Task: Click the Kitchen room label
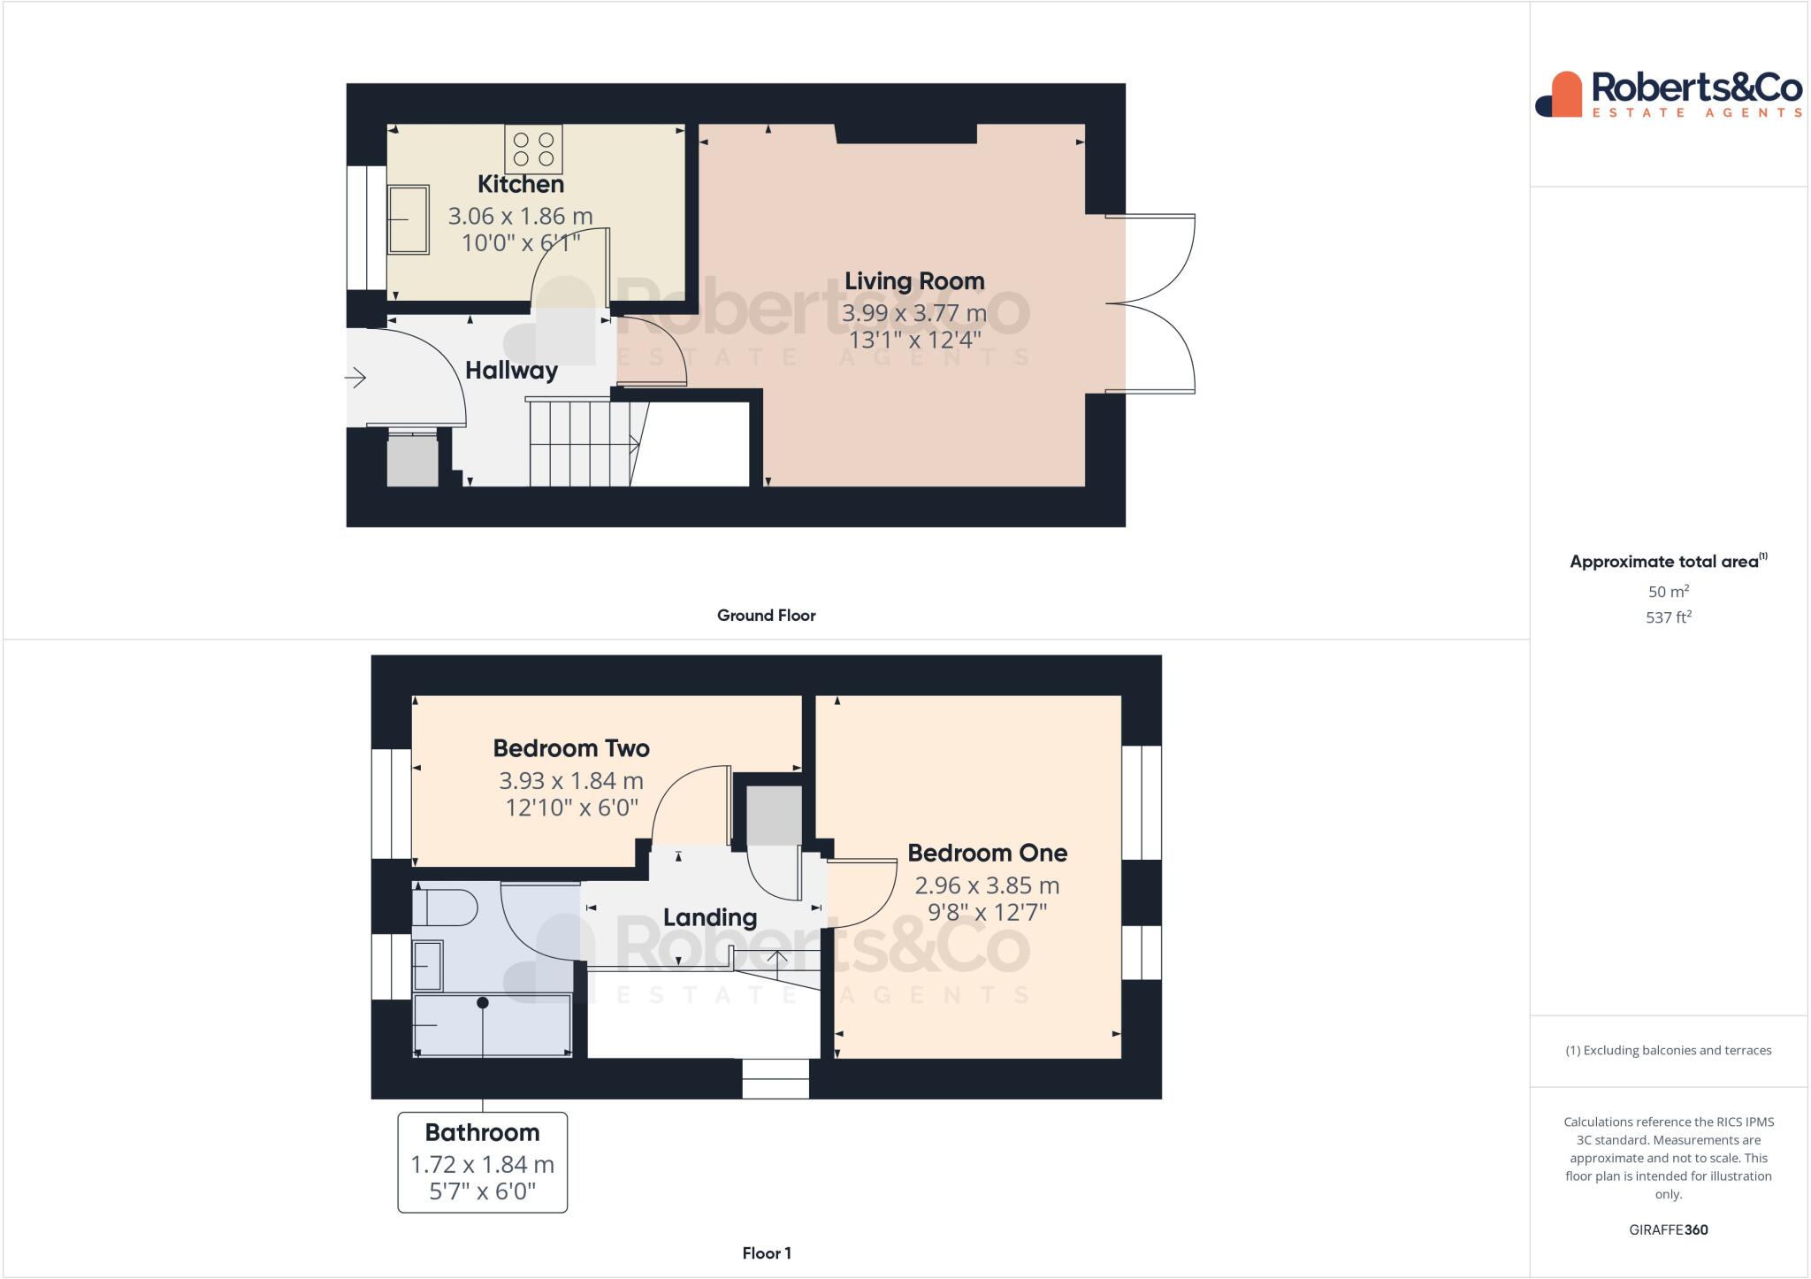click(520, 184)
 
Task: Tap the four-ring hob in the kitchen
click(533, 149)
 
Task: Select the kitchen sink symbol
click(408, 219)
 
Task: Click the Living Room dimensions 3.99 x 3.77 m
click(913, 313)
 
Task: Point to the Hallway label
click(511, 370)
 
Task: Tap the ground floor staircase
click(579, 442)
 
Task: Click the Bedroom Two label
click(571, 748)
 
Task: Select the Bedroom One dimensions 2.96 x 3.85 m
click(987, 885)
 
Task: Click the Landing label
click(710, 917)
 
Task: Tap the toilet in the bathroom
click(447, 908)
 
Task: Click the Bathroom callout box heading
click(482, 1132)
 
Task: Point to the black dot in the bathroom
click(483, 1003)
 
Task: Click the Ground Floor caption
click(766, 616)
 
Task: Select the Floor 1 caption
click(766, 1253)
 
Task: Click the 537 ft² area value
click(1668, 617)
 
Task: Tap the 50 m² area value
click(1668, 592)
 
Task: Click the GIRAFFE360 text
click(1668, 1229)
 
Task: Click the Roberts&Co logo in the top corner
click(1668, 94)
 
